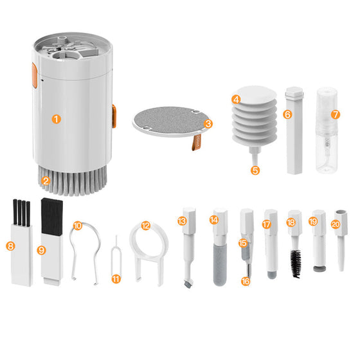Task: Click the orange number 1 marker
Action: point(57,119)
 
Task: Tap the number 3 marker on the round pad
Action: point(208,123)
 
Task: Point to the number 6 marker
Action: point(287,114)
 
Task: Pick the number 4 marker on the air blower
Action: point(237,100)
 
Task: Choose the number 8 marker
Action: point(10,245)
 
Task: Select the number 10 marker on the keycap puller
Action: point(78,226)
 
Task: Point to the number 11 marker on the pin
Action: point(116,278)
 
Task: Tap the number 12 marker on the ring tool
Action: point(146,226)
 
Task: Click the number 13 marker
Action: point(183,221)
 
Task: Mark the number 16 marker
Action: point(244,280)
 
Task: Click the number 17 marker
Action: point(267,224)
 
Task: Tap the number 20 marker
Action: point(335,224)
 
